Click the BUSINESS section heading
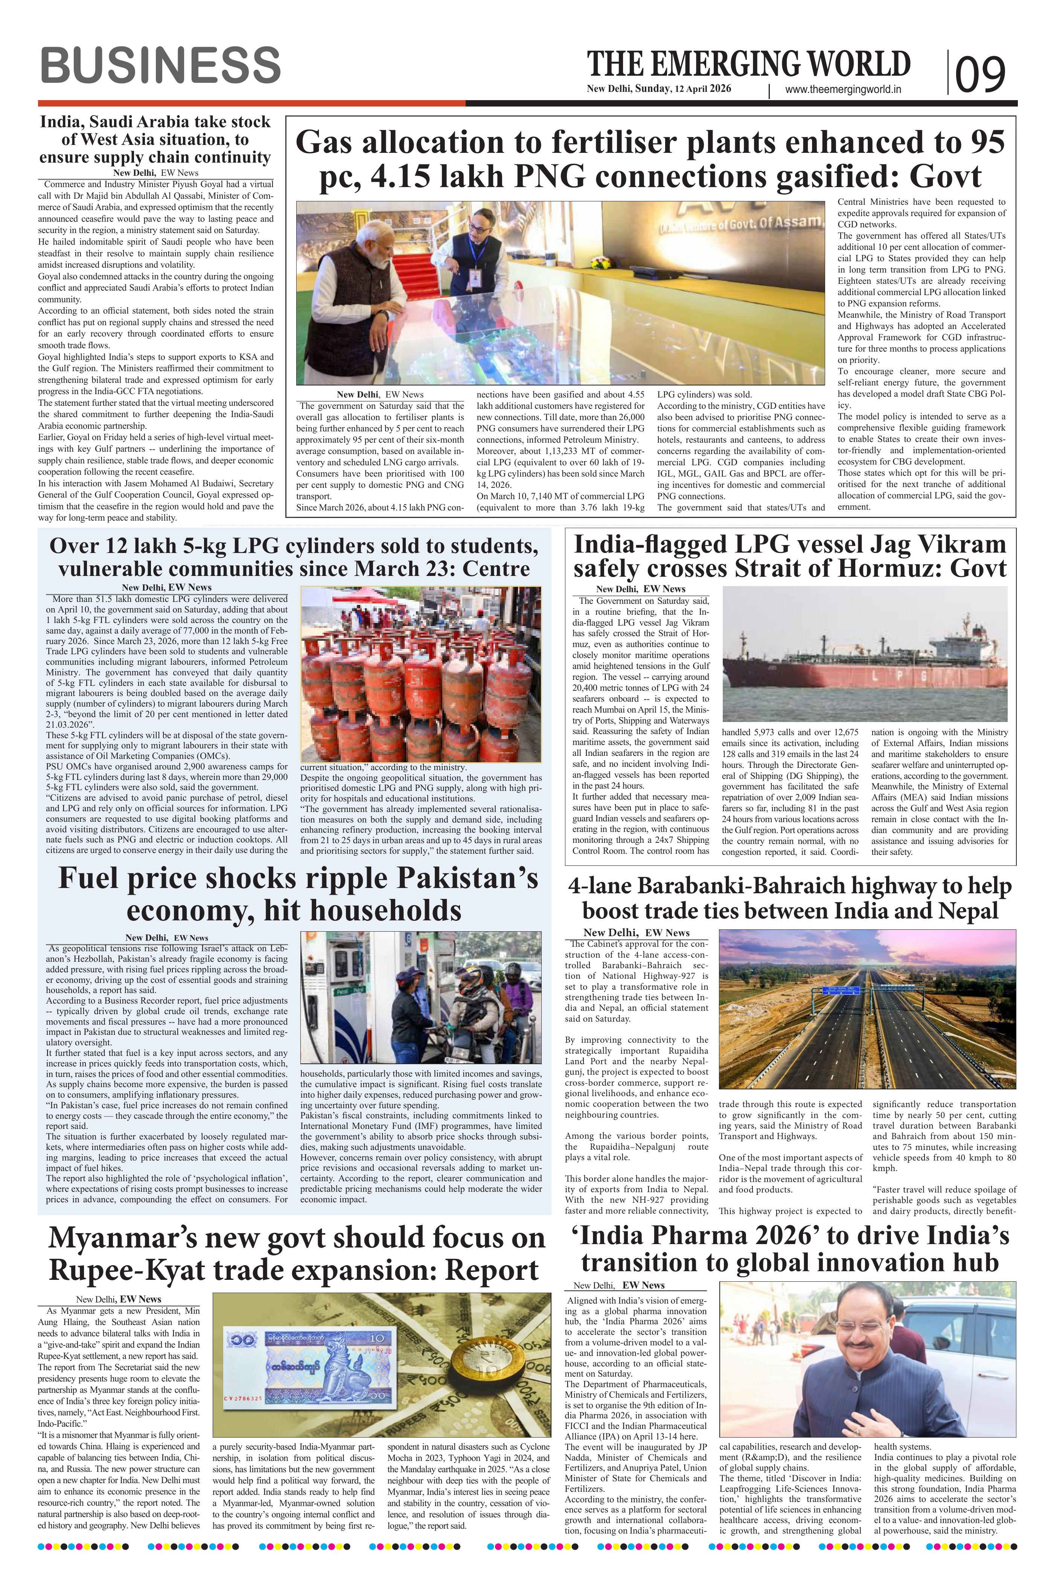tap(160, 66)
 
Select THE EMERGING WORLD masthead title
tap(748, 64)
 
